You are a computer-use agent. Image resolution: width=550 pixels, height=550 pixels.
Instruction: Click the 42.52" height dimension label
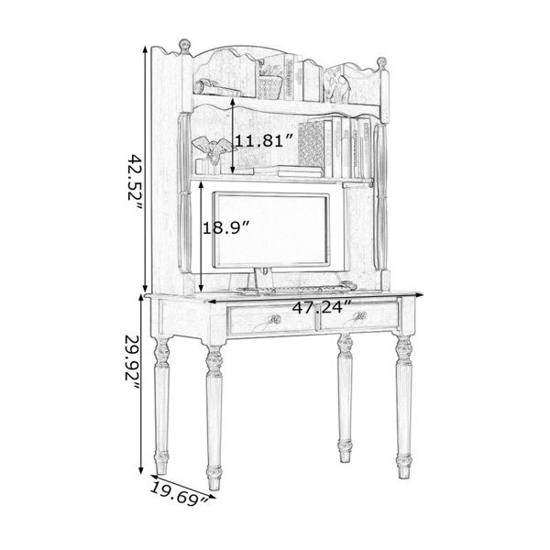pos(134,182)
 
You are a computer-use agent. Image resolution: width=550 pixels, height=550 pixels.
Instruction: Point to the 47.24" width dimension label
pos(322,308)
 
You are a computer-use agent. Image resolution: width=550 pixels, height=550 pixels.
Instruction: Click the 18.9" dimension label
pos(225,228)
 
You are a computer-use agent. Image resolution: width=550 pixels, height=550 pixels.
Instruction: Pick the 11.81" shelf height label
pos(264,141)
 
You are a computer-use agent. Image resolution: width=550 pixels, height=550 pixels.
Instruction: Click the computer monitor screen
pos(270,229)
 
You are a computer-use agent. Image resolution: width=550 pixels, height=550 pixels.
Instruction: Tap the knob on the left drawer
pos(275,320)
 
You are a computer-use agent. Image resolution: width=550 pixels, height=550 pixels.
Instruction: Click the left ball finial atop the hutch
pos(184,46)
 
